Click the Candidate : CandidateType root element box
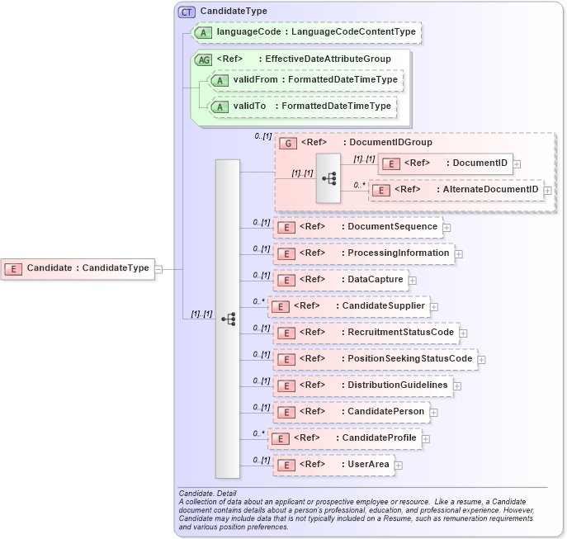pyautogui.click(x=78, y=267)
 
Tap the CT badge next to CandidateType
pyautogui.click(x=187, y=12)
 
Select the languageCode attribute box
pyautogui.click(x=306, y=32)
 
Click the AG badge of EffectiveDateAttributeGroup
pyautogui.click(x=203, y=59)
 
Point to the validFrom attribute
pyautogui.click(x=306, y=79)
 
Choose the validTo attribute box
pyautogui.click(x=303, y=106)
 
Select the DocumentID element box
pyautogui.click(x=444, y=163)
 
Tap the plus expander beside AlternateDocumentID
pyautogui.click(x=547, y=191)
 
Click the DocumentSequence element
pyautogui.click(x=358, y=227)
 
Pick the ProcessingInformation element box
pyautogui.click(x=364, y=253)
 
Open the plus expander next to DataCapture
pyautogui.click(x=413, y=280)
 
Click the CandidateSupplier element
pyautogui.click(x=348, y=306)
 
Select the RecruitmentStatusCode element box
pyautogui.click(x=366, y=333)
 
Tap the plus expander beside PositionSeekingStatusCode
pyautogui.click(x=482, y=359)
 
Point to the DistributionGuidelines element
pyautogui.click(x=363, y=385)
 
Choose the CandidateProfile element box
pyautogui.click(x=345, y=438)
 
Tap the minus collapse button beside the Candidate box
pyautogui.click(x=158, y=267)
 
